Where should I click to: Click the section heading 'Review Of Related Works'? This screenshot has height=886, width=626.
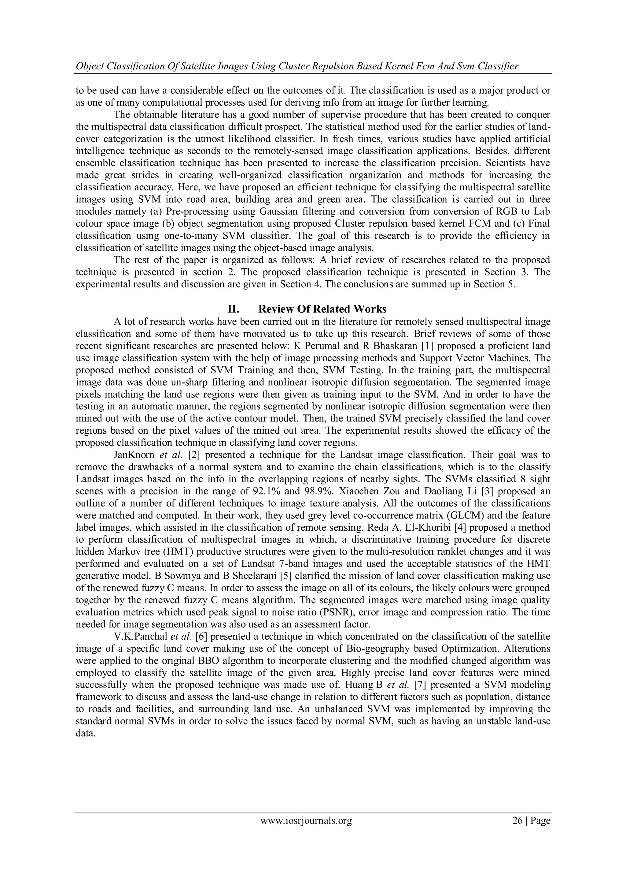click(322, 309)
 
